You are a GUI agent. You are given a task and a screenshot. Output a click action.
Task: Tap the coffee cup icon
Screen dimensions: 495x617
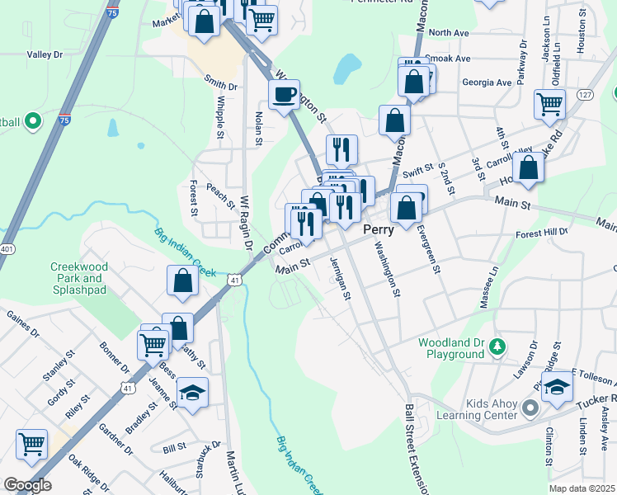pos(285,95)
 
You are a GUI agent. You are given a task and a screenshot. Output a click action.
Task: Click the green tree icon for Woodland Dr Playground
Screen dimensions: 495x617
pos(497,344)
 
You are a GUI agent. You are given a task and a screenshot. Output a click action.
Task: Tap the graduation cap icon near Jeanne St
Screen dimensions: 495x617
pos(192,393)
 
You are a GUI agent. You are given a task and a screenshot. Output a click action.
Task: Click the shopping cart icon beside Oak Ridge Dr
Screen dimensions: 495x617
pos(31,445)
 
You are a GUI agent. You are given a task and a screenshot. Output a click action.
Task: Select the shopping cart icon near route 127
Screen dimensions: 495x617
pos(549,104)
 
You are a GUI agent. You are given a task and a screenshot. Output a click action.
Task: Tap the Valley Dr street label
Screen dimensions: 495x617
pos(45,54)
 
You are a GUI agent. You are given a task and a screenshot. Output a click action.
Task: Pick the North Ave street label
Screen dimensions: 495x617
pos(449,32)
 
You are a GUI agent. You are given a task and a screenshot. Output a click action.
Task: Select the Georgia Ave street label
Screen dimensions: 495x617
pos(486,82)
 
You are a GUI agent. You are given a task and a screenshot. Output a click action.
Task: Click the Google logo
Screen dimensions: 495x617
pos(27,485)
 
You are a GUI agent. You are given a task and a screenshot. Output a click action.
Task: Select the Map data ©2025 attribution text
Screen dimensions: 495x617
pos(582,488)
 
